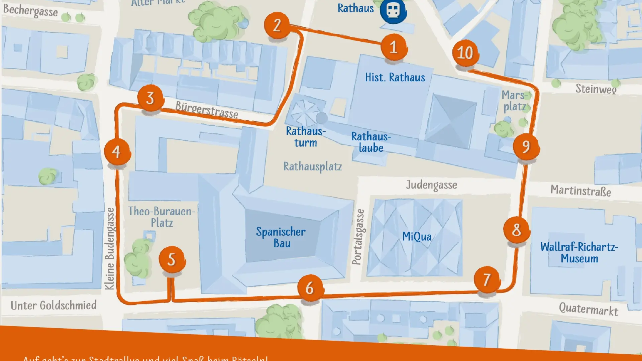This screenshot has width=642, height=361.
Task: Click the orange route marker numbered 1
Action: point(394,47)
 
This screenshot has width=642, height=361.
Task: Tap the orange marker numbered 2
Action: point(277,25)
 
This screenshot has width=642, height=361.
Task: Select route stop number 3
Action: point(150,98)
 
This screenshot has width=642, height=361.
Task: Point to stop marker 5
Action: point(172,259)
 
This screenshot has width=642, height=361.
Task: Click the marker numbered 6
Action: point(310,288)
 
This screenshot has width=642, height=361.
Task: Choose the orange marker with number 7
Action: point(487,279)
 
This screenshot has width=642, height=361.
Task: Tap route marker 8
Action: point(517,230)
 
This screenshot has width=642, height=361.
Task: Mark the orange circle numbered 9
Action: point(526,146)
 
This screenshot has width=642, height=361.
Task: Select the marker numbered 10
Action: point(465,53)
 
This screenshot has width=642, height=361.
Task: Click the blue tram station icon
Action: point(393,11)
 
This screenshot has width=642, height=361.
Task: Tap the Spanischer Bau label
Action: point(281,237)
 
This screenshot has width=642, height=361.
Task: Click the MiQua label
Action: point(417,237)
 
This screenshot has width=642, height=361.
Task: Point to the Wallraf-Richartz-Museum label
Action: point(579,252)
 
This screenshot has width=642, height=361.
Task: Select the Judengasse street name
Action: point(431,185)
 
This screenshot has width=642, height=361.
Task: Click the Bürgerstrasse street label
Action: point(207,110)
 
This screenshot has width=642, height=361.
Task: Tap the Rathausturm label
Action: point(305,137)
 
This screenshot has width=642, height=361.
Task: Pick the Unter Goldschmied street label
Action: point(53,305)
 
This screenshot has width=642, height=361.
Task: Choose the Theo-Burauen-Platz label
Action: point(162,217)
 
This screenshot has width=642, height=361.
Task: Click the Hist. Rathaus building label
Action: point(395,78)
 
